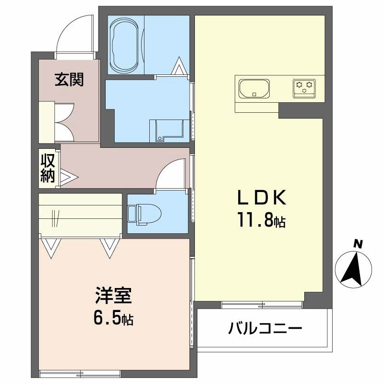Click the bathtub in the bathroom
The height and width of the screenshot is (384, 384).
coord(125,45)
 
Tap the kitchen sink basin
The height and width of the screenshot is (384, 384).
coord(253,88)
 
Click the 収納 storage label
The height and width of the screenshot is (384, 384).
coord(47,168)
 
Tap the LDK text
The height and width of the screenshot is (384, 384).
coord(262,198)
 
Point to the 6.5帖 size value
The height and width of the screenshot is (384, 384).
coord(113,318)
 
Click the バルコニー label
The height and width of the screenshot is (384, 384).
coord(265,329)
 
